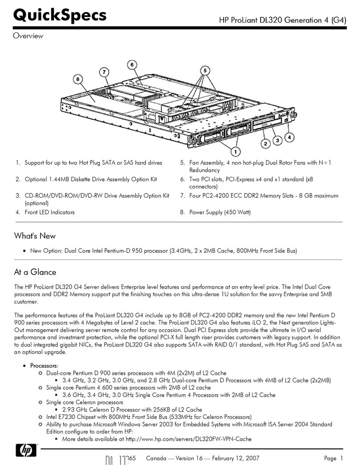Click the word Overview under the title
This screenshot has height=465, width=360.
tap(27, 36)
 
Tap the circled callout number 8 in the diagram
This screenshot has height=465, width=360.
tap(78, 79)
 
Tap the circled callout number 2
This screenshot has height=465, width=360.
tap(265, 143)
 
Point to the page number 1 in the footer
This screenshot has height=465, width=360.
tap(342, 459)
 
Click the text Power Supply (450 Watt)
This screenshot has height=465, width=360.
tap(220, 212)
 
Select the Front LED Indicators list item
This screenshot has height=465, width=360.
tap(49, 212)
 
